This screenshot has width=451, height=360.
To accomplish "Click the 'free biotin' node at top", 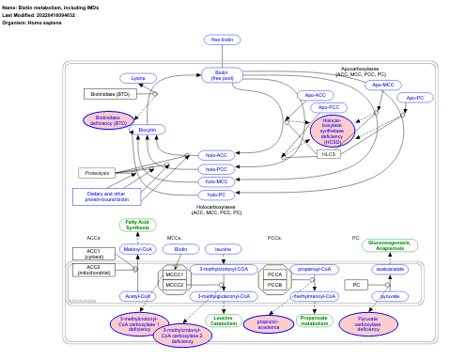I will pyautogui.click(x=222, y=39).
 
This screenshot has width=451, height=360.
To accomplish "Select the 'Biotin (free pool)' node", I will pyautogui.click(x=222, y=75).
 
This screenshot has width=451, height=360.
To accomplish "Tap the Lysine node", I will pyautogui.click(x=138, y=78).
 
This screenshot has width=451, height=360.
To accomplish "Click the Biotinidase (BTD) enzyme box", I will pyautogui.click(x=111, y=94).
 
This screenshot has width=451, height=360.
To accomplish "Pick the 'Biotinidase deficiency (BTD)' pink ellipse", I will pyautogui.click(x=109, y=120).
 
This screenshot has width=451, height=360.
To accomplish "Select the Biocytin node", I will pyautogui.click(x=146, y=130).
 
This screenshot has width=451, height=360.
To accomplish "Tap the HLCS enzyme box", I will pyautogui.click(x=329, y=153).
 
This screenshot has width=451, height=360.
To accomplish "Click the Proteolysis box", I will pyautogui.click(x=97, y=173).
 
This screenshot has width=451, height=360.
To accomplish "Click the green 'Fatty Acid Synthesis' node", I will pyautogui.click(x=137, y=225).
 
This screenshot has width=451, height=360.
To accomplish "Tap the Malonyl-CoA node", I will pyautogui.click(x=137, y=249).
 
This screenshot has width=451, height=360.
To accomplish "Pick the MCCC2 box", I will pyautogui.click(x=174, y=285).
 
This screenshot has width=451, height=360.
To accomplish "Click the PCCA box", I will pyautogui.click(x=274, y=274).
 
